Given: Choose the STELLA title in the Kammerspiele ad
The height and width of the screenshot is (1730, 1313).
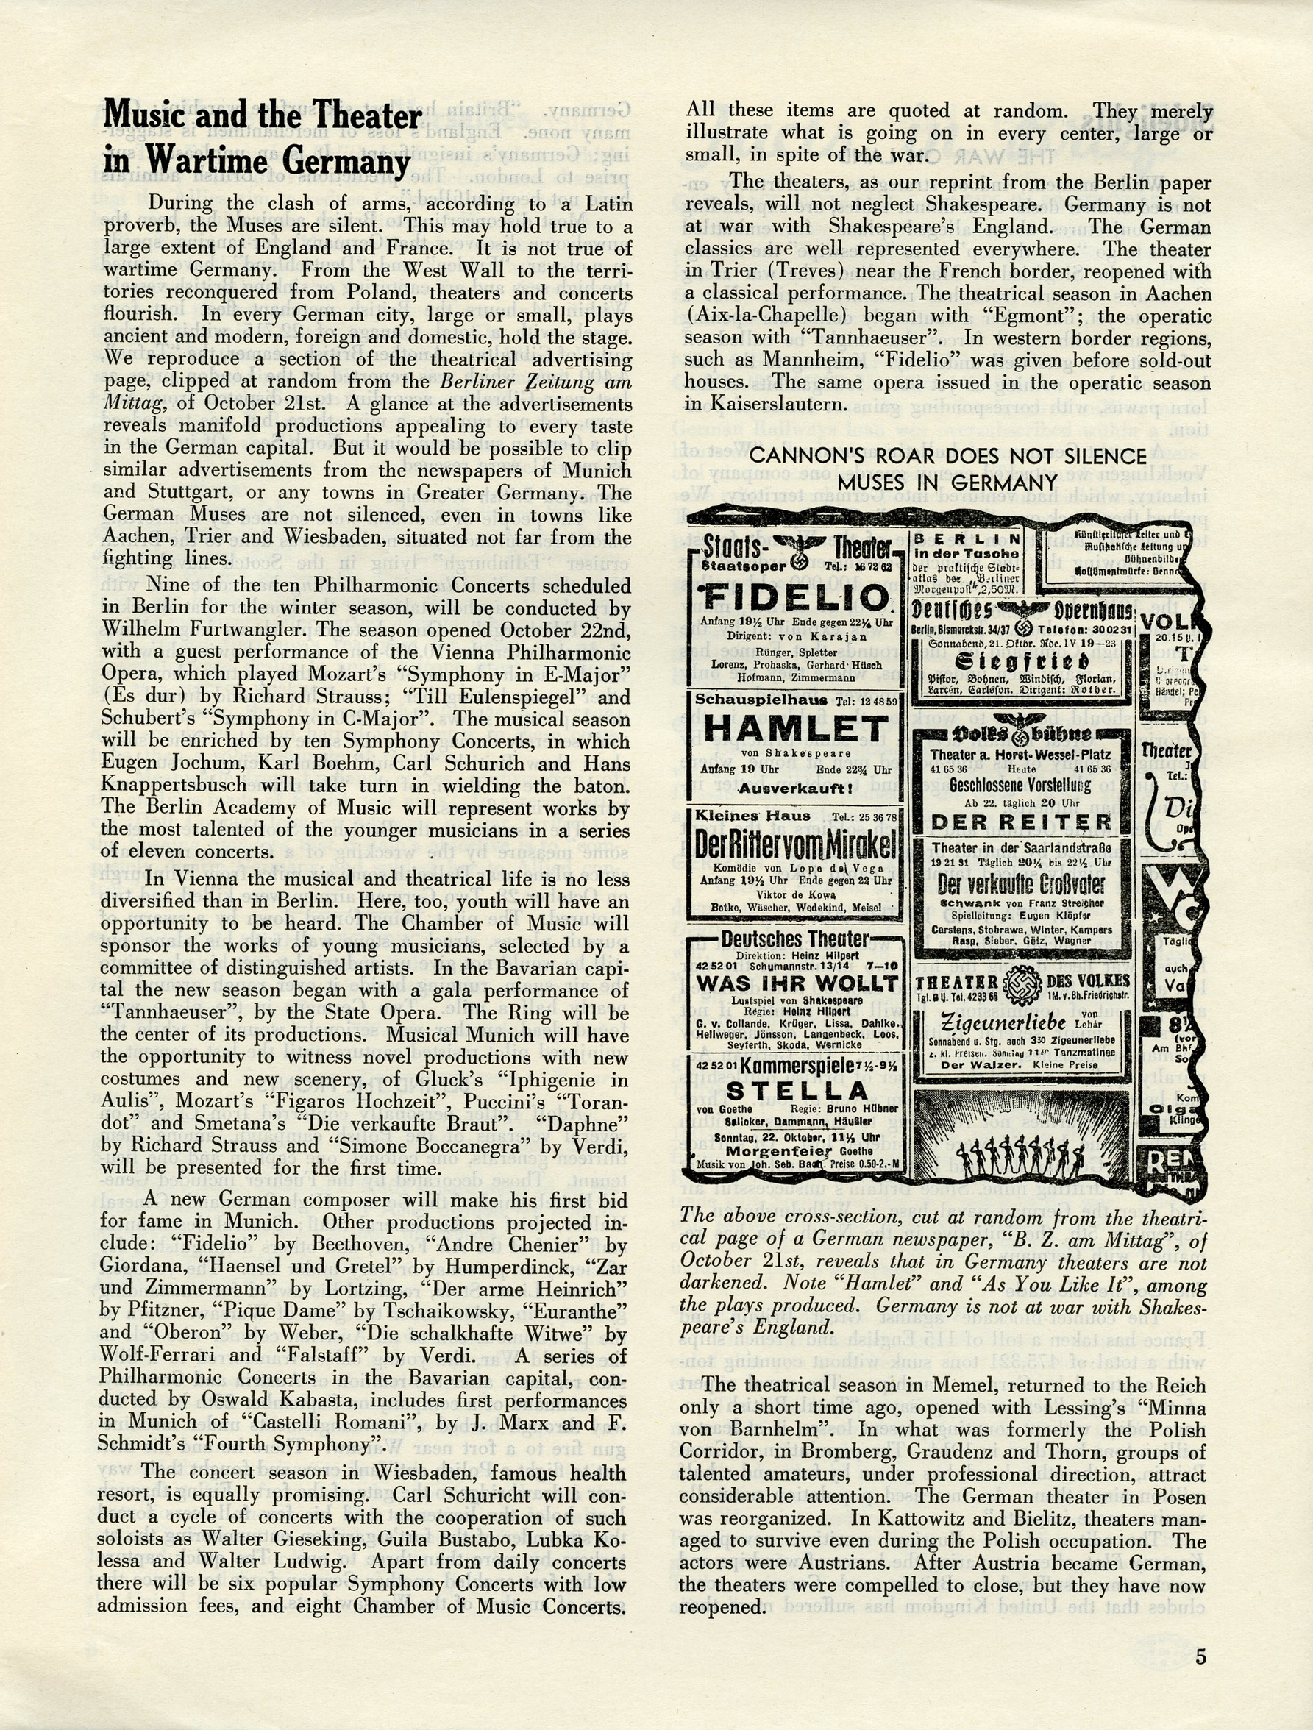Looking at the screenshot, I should click(796, 1091).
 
